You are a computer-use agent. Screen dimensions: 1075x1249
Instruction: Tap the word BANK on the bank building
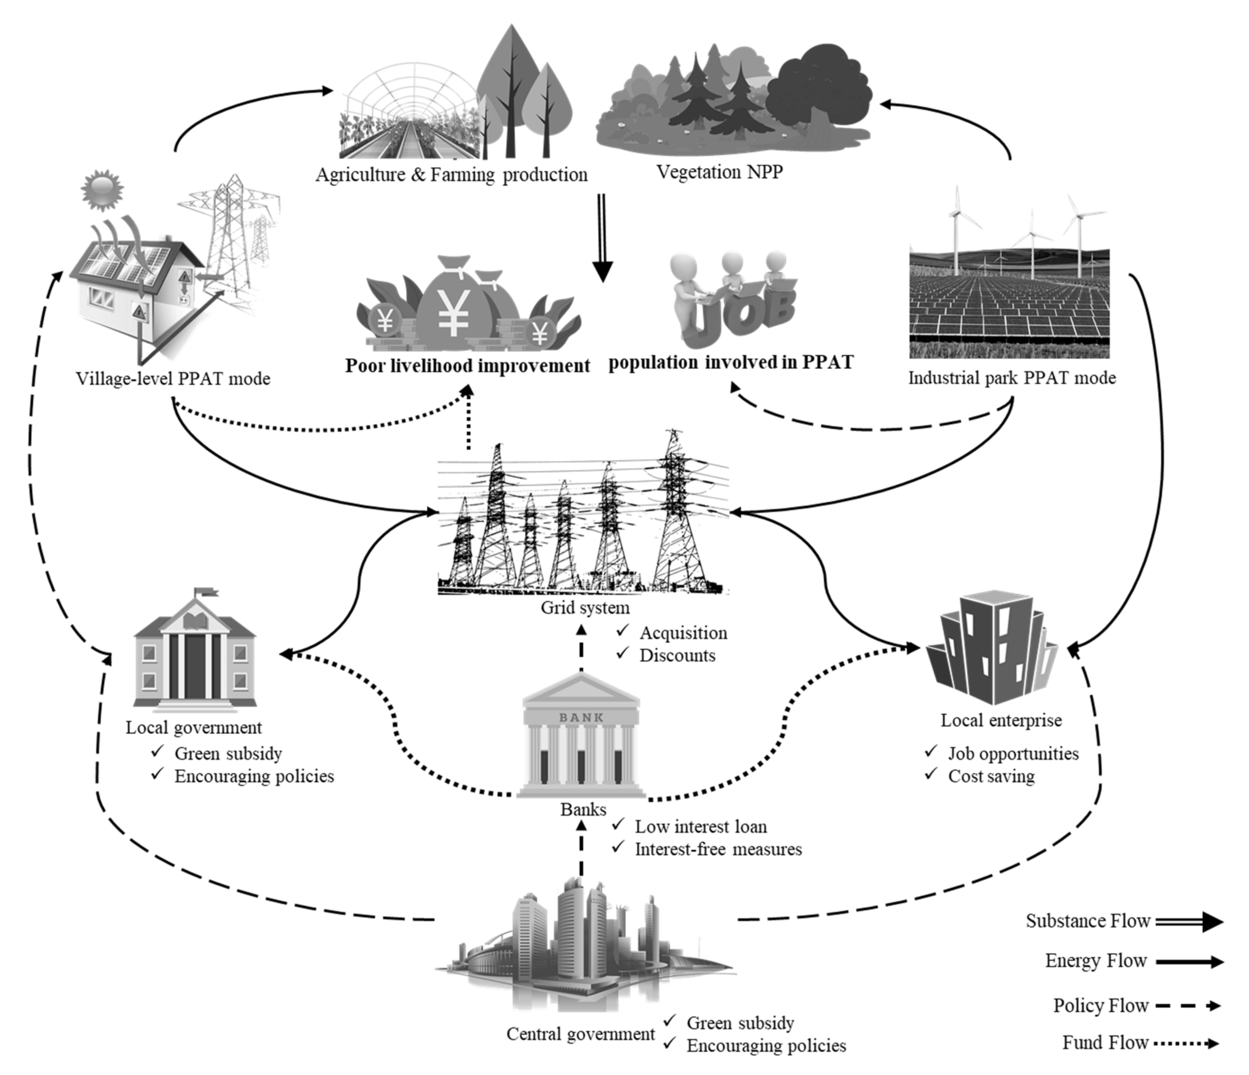[581, 718]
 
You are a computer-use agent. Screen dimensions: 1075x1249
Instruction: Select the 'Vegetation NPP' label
[719, 172]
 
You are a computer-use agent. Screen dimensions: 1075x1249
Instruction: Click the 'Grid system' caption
[585, 607]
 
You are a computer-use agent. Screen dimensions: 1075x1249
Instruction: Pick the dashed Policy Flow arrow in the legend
[1187, 1005]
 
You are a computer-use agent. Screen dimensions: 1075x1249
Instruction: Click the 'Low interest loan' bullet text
[701, 827]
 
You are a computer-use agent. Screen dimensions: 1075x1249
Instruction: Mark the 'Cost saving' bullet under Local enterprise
[991, 776]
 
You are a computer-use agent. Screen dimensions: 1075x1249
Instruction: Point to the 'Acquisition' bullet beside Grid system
[683, 633]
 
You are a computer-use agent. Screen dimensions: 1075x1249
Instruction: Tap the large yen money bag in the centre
[453, 307]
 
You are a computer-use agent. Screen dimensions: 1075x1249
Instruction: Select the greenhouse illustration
[410, 114]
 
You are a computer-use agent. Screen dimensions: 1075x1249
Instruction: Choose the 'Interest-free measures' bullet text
[718, 850]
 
